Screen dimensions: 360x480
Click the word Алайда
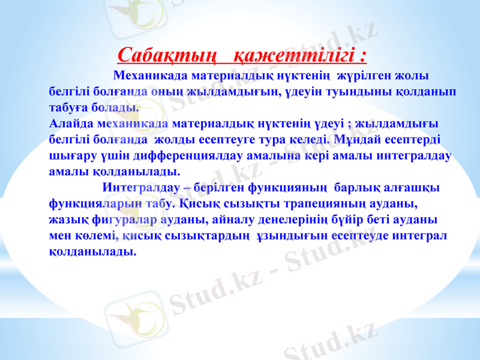click(68, 124)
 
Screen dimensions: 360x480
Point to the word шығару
click(68, 155)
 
